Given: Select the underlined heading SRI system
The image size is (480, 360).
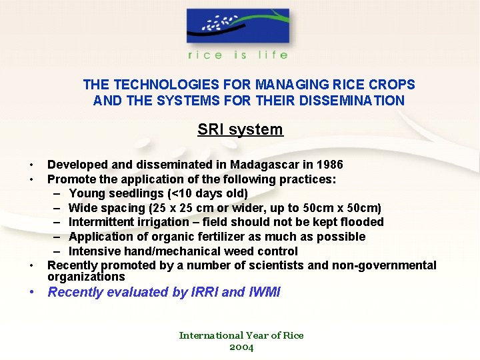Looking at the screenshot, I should point(240,129).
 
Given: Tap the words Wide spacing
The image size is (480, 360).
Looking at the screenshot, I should point(99,208).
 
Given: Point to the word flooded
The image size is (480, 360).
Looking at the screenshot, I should point(361,222).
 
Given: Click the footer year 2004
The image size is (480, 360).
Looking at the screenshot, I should point(241,347).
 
